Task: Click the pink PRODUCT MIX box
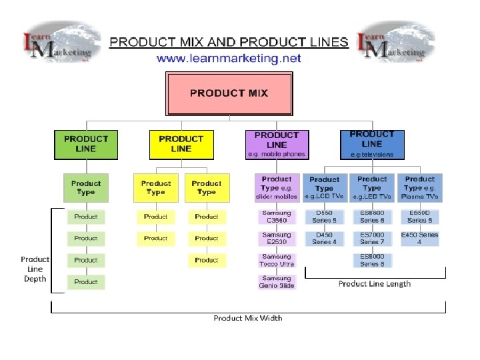229,93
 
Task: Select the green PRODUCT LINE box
85,144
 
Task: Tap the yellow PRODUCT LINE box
181,144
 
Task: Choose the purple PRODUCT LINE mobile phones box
277,144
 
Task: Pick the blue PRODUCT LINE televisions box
371,144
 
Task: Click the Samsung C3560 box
277,217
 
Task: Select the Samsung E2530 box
277,238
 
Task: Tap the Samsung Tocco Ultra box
277,260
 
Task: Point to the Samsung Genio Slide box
277,282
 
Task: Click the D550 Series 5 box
325,217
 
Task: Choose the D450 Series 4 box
325,238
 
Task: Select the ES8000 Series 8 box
372,260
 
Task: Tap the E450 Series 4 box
419,238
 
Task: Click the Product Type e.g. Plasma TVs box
419,188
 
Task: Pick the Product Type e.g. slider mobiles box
277,188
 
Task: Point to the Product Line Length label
375,284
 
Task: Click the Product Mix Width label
248,318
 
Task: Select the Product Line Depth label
35,269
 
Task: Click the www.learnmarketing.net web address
229,59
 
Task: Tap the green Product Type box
85,188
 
